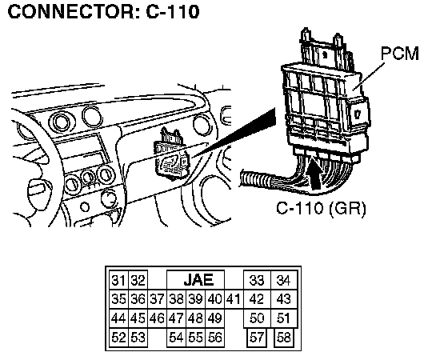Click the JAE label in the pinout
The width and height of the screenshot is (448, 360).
click(198, 280)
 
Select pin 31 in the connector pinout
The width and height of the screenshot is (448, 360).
click(118, 280)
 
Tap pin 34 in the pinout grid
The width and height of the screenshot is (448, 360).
click(284, 280)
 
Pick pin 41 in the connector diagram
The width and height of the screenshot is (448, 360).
click(233, 299)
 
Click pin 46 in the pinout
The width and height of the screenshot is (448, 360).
click(157, 318)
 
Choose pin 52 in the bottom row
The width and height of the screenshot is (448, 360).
click(118, 338)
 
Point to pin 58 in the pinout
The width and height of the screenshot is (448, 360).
click(283, 338)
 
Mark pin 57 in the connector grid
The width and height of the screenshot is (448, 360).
click(256, 338)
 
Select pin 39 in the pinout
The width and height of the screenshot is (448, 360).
click(195, 299)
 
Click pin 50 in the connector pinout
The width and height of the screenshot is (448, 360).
click(257, 318)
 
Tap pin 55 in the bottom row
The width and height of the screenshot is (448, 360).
click(195, 338)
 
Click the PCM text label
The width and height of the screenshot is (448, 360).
click(400, 54)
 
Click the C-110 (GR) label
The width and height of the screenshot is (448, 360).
click(321, 208)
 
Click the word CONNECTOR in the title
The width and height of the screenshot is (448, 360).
click(71, 12)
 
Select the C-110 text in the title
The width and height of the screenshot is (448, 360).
click(173, 12)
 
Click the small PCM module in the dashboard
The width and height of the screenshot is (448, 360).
click(171, 156)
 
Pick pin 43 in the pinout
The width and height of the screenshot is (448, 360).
click(284, 299)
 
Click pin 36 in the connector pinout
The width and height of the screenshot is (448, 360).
click(138, 299)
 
